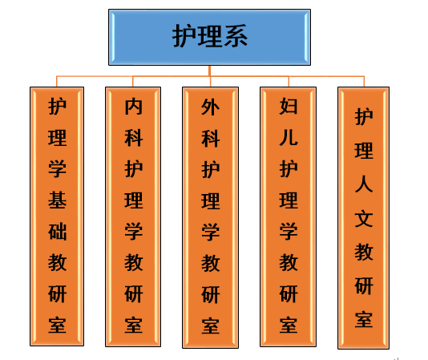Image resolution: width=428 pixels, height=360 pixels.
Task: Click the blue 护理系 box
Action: click(209, 37)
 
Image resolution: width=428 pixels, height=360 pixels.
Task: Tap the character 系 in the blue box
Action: click(236, 36)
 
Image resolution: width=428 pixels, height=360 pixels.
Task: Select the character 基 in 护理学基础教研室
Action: click(57, 200)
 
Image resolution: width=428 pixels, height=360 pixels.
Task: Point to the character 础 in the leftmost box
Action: click(57, 232)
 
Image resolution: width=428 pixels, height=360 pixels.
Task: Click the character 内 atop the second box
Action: click(134, 107)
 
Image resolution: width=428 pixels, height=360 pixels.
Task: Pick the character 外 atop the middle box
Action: click(210, 107)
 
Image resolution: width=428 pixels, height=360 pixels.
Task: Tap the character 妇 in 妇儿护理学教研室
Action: click(289, 106)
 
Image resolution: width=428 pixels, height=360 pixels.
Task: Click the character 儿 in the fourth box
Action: click(289, 137)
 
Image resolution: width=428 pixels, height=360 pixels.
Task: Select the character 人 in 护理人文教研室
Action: click(364, 184)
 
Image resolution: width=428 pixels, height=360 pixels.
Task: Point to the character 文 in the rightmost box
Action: click(364, 219)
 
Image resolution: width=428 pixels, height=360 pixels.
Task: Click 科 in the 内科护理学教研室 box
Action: click(134, 138)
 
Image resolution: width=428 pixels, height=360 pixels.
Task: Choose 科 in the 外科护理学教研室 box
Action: click(210, 139)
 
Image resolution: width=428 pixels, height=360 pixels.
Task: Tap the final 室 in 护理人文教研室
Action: click(364, 319)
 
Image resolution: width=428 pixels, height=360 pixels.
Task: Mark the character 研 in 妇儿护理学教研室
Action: click(289, 294)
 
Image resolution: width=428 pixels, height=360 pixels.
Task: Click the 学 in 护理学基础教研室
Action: click(57, 169)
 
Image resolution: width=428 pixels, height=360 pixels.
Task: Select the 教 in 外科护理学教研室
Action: click(210, 263)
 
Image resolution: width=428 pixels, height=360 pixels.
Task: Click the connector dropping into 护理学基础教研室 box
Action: click(56, 82)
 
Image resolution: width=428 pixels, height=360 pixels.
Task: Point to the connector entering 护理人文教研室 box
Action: click(364, 82)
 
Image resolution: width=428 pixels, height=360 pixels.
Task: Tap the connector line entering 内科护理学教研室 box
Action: click(133, 82)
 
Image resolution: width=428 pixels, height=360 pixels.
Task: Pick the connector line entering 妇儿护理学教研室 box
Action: click(289, 82)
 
